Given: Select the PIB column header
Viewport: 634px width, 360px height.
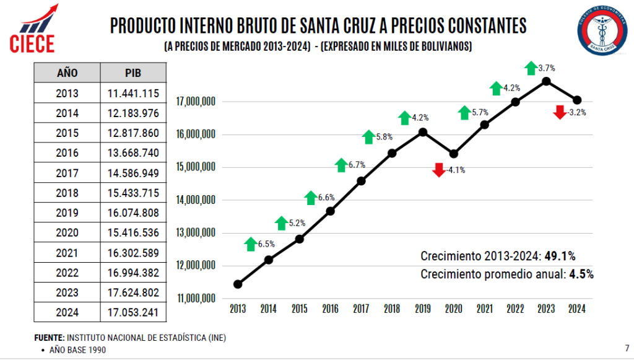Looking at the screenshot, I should click(132, 72).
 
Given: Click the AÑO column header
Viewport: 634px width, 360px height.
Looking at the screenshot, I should click(67, 72).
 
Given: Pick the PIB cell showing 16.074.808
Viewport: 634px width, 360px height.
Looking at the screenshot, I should click(132, 213).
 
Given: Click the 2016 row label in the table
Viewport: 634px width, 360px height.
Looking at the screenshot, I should click(67, 152).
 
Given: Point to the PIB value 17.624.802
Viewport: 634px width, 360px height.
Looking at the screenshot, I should click(132, 292).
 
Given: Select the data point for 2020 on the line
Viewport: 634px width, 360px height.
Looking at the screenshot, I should click(453, 154).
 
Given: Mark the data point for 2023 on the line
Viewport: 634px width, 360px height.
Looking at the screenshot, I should click(546, 81).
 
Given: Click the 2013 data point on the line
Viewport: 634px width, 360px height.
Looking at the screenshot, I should click(238, 284).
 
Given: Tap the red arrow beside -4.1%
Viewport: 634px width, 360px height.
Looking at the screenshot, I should click(439, 170).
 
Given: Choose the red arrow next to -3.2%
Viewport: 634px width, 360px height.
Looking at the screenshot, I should click(560, 112).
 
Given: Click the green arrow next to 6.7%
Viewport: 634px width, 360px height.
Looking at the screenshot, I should click(341, 165).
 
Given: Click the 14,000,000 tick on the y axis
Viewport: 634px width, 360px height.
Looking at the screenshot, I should click(196, 200).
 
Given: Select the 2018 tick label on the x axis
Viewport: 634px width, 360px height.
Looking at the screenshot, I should click(392, 308).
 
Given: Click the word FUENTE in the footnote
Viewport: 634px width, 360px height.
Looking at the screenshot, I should click(49, 338).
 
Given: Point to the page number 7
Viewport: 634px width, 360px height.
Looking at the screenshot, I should click(627, 347).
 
